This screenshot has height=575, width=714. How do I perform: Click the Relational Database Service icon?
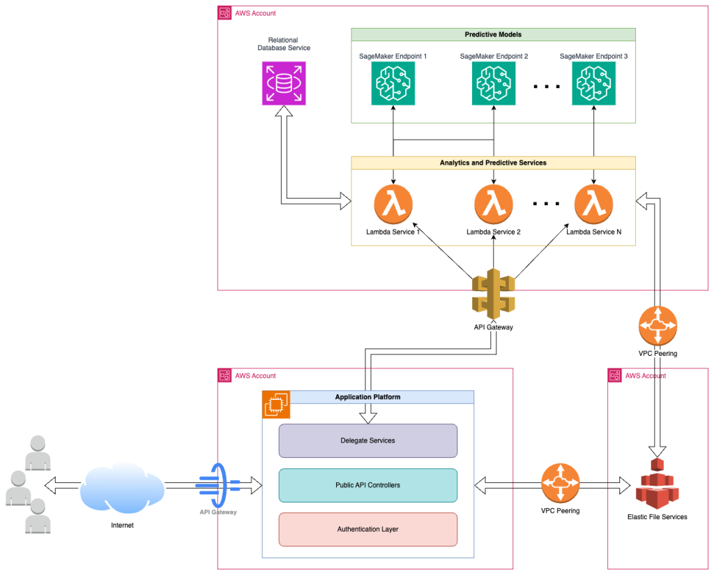(x=283, y=84)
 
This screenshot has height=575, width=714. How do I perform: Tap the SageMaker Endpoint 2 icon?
(x=494, y=84)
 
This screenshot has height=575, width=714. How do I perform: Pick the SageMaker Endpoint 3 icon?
(x=593, y=84)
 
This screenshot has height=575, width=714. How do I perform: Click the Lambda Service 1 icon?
(x=393, y=204)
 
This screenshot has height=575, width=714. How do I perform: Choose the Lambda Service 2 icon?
(x=494, y=204)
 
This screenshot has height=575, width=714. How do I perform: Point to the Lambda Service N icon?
(x=593, y=204)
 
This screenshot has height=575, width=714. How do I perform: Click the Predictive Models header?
(x=493, y=35)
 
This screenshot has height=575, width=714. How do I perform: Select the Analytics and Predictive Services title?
(x=493, y=163)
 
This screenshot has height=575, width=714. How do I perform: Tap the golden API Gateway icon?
(x=493, y=295)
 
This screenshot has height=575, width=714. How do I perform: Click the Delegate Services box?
(x=367, y=440)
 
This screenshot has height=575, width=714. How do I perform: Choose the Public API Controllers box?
(x=367, y=485)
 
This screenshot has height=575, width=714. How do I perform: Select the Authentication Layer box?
(x=367, y=529)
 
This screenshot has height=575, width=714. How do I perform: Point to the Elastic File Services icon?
(x=657, y=483)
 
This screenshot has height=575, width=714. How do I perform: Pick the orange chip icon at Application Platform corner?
(x=275, y=404)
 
